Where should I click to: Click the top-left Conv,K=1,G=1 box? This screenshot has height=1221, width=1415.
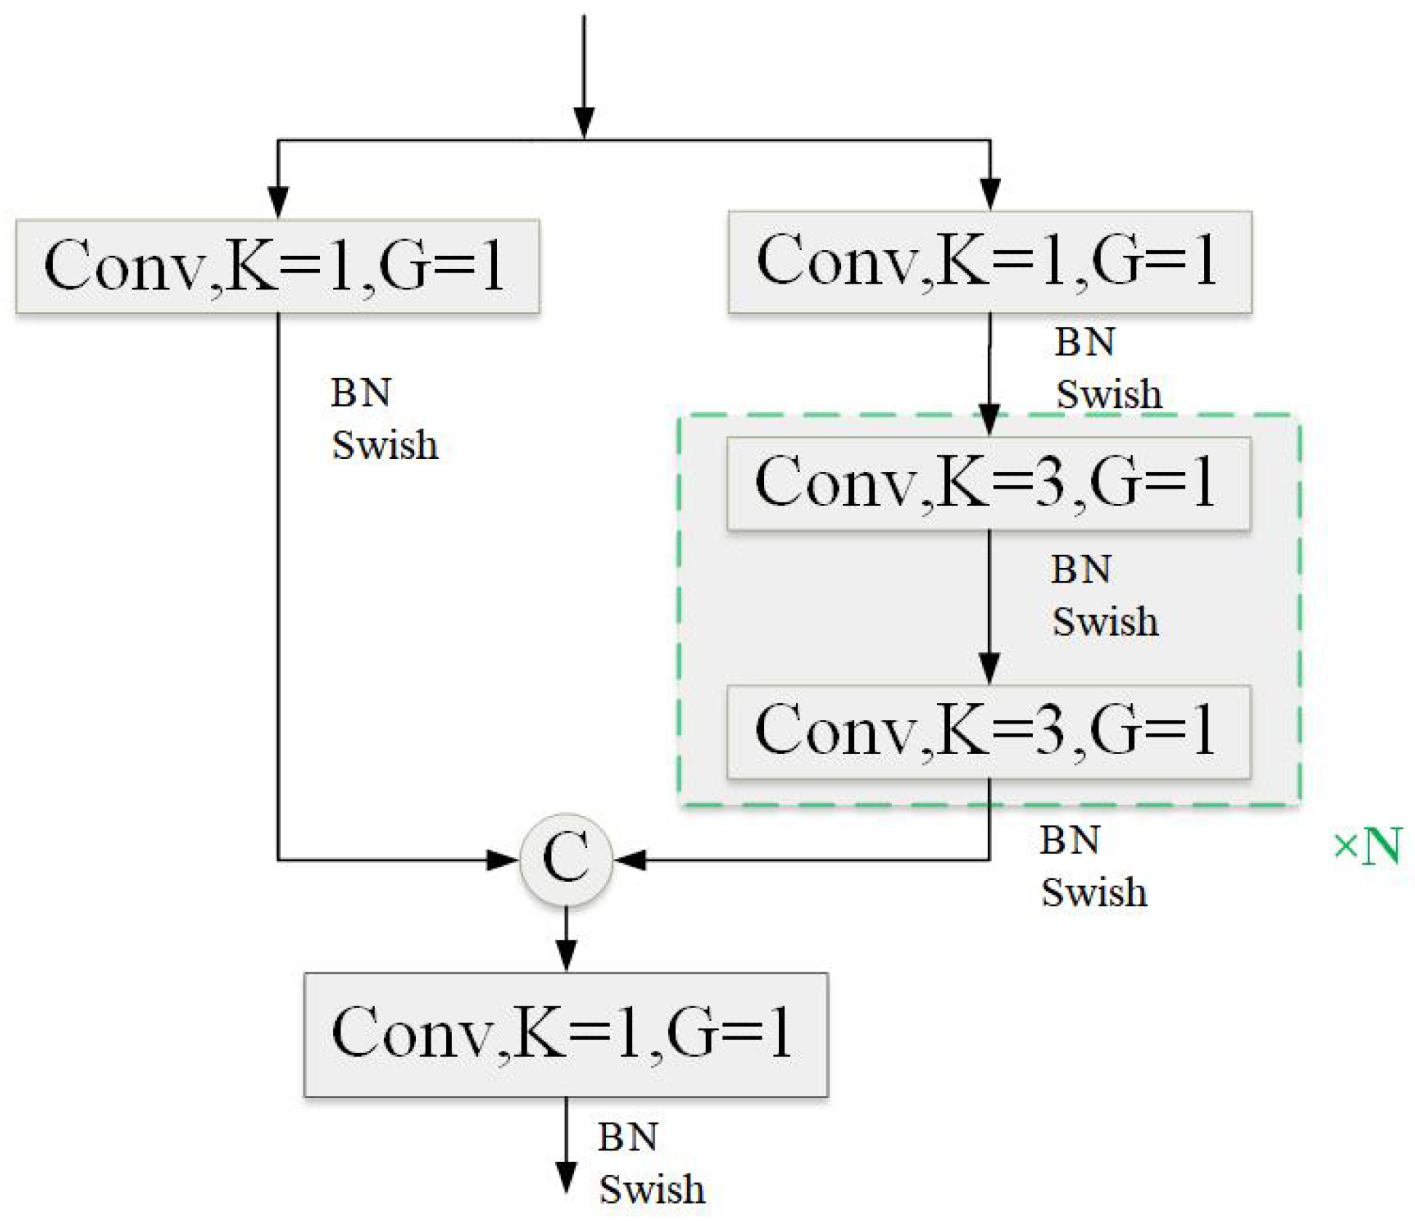tap(277, 266)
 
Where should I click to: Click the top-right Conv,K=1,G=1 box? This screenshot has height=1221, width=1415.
tap(989, 262)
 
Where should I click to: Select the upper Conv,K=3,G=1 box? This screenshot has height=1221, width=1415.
tap(988, 483)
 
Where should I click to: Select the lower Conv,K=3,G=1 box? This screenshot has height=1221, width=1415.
tap(988, 732)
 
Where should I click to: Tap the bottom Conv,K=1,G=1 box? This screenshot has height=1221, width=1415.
tap(565, 1033)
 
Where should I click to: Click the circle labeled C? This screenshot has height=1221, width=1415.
tap(566, 859)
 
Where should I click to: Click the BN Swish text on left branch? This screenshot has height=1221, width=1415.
tap(383, 420)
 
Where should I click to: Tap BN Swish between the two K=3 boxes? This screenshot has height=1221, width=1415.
tap(1104, 596)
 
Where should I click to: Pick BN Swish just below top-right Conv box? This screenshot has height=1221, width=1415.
tap(1107, 369)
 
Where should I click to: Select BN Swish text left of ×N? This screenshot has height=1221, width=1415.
tap(1093, 867)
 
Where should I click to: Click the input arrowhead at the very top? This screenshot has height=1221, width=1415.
tap(584, 122)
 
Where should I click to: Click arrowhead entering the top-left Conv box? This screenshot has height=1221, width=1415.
tap(278, 201)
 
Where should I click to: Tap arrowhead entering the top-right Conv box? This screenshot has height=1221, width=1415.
tap(990, 193)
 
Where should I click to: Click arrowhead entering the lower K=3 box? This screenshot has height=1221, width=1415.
tap(989, 668)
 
